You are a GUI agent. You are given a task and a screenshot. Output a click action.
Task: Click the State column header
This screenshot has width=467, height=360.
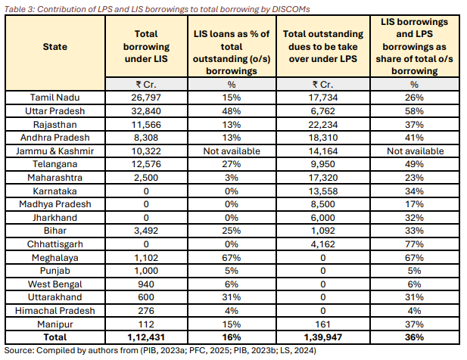click(x=55, y=47)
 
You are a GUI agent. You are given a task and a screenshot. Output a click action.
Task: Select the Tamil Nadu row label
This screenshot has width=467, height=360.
click(x=55, y=98)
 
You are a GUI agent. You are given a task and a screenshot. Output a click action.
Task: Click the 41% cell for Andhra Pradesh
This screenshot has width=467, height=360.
click(x=413, y=138)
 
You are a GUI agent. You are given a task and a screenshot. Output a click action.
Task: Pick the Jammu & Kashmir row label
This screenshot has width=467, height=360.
click(x=55, y=151)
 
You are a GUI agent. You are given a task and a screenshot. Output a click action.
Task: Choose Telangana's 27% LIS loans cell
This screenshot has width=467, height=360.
click(x=231, y=164)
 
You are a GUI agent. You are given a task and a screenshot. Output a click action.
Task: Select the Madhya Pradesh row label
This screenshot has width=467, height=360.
click(x=55, y=204)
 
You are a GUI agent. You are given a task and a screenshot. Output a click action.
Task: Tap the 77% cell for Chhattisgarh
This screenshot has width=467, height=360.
click(x=413, y=244)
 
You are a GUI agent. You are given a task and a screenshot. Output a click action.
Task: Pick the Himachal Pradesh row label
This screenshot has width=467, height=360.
click(x=55, y=310)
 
